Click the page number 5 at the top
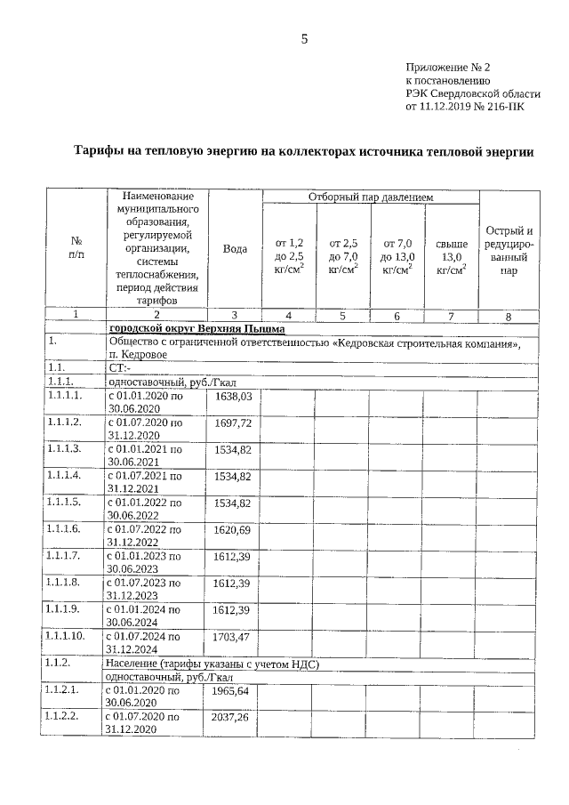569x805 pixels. (x=304, y=38)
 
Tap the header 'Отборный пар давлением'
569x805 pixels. (x=370, y=196)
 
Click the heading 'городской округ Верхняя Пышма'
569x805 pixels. (x=172, y=329)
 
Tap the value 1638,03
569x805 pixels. (x=234, y=395)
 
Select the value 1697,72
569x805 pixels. (x=234, y=423)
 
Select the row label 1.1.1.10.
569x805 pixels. (x=68, y=636)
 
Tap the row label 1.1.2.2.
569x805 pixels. (x=65, y=716)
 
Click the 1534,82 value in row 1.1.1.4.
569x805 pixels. (x=234, y=476)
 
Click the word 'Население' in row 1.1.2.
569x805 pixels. (x=132, y=664)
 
